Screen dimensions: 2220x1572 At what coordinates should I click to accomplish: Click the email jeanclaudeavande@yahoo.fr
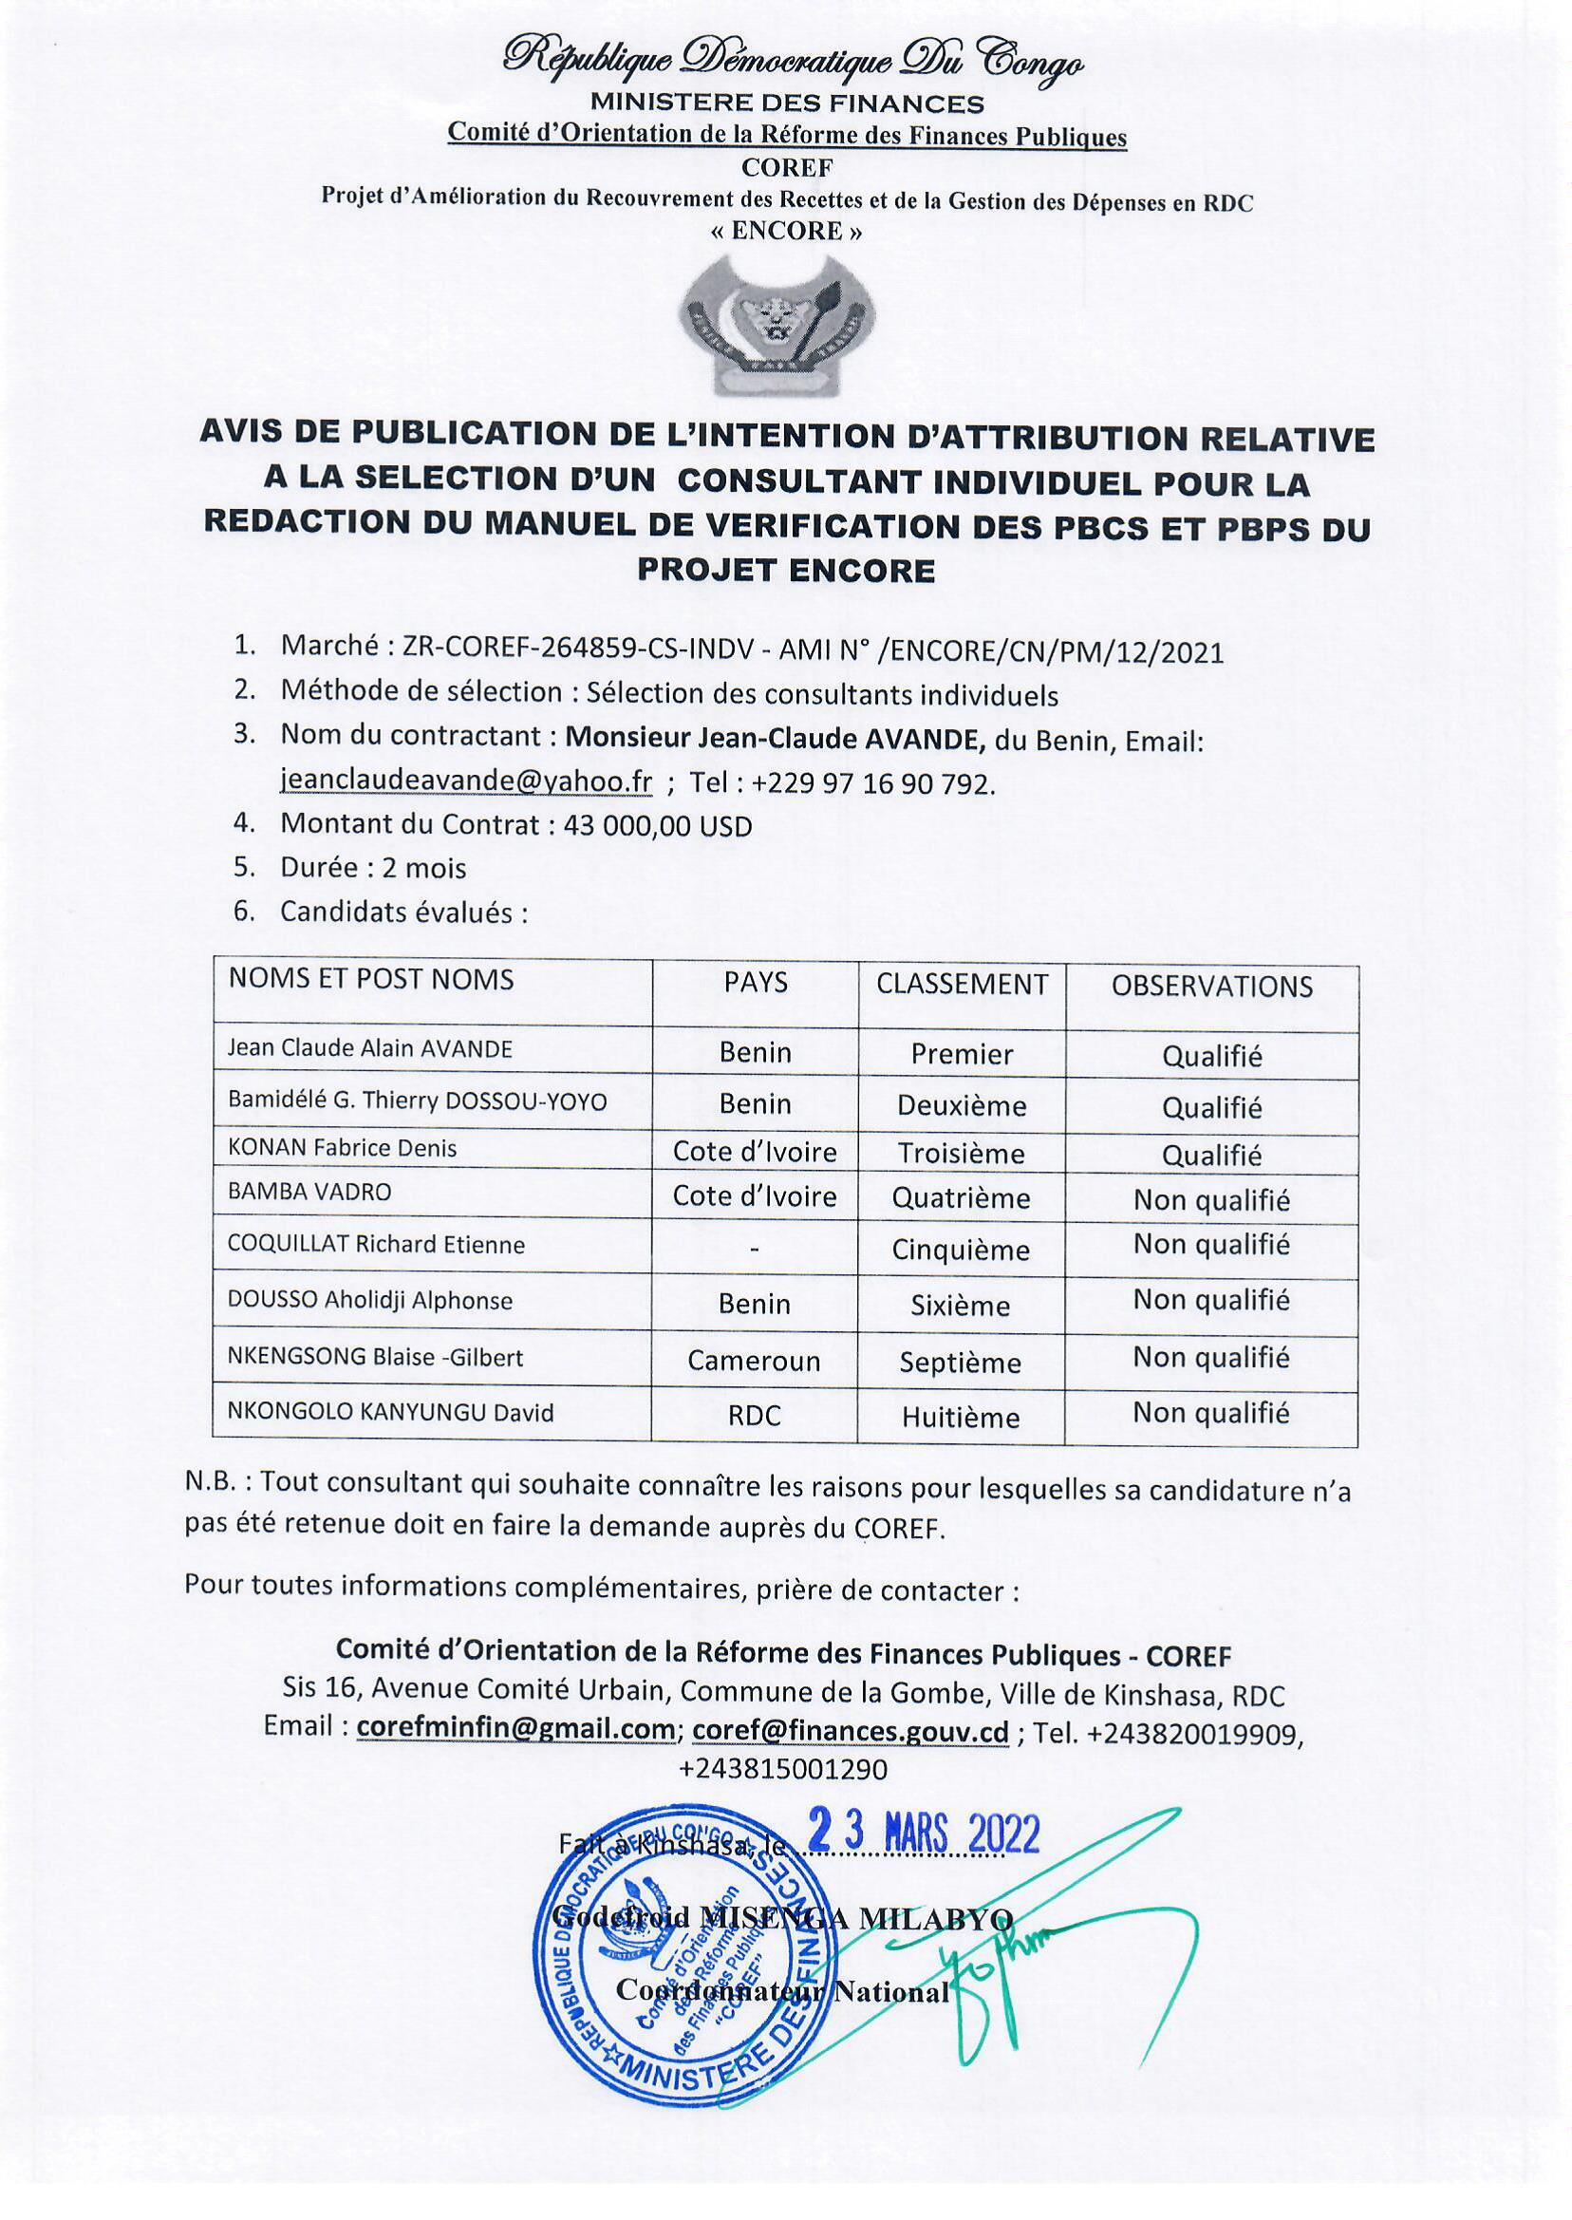click(x=465, y=781)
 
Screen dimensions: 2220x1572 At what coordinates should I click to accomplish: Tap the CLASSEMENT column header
click(x=962, y=985)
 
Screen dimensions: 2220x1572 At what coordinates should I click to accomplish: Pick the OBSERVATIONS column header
click(x=1211, y=987)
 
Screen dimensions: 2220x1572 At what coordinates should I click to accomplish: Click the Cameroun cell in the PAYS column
click(x=754, y=1362)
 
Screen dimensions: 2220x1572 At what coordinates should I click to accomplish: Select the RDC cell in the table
click(x=754, y=1416)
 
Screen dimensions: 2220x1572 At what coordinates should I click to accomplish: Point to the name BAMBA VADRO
click(x=309, y=1192)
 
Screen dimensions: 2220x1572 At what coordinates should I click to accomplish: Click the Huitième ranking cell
click(x=961, y=1418)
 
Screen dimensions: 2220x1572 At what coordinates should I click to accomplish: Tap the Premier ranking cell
click(x=962, y=1054)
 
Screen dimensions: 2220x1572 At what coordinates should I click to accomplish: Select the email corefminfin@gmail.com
click(x=515, y=1729)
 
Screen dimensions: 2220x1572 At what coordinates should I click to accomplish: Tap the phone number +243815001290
click(x=783, y=1769)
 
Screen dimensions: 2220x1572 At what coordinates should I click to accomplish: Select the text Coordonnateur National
click(x=782, y=1991)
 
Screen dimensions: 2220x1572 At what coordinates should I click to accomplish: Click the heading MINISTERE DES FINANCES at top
click(x=786, y=103)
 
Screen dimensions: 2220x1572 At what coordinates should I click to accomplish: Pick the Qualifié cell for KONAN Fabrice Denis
click(x=1212, y=1155)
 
